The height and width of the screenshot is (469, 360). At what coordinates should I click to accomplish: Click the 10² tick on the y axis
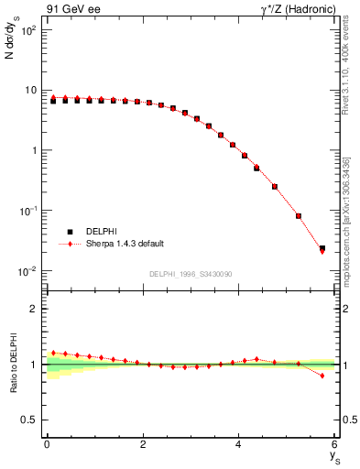[28, 30]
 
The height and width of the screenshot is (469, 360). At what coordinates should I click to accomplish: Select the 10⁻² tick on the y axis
[28, 271]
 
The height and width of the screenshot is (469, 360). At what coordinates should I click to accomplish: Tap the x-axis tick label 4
[239, 445]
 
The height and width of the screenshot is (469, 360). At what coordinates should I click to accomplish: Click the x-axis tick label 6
[335, 445]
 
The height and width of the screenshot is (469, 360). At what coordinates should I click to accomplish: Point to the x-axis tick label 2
[143, 445]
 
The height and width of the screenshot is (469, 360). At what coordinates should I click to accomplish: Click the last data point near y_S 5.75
[322, 248]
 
